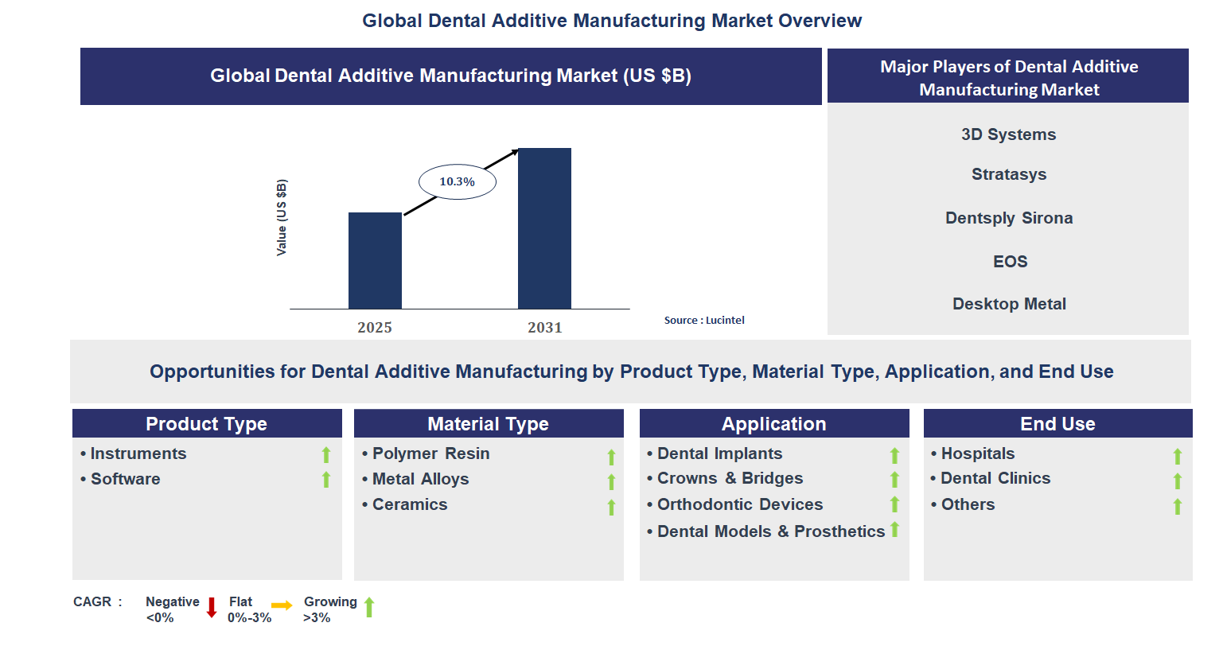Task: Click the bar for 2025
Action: click(375, 260)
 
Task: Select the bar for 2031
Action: click(544, 228)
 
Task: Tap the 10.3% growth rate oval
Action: click(458, 182)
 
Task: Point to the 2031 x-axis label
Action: click(544, 327)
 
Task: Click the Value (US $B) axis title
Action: click(281, 217)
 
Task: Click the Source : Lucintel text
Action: click(704, 320)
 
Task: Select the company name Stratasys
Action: click(1008, 174)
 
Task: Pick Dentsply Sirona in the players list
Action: click(1008, 218)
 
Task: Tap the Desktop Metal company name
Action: click(1008, 304)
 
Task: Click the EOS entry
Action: click(1010, 262)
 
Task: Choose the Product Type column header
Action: click(207, 424)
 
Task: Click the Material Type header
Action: click(488, 424)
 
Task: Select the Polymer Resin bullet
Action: click(430, 453)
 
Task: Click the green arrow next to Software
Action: click(326, 480)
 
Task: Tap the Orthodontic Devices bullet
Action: click(739, 504)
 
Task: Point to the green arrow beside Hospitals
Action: click(1177, 456)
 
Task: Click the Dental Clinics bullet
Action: click(995, 478)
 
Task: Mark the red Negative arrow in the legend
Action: click(212, 608)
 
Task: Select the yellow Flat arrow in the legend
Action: click(282, 605)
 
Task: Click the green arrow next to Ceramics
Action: click(611, 507)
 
